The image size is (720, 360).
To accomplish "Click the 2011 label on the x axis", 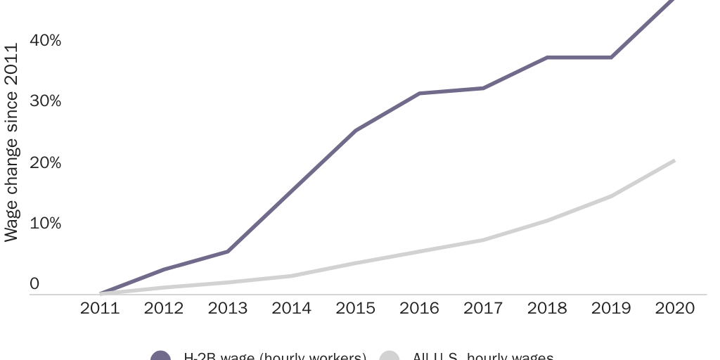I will coord(101,308).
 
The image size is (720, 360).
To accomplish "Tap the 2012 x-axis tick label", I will coord(164,308).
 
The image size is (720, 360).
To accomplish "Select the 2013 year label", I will coord(228,308).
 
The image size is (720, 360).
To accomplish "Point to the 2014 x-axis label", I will coord(292,308).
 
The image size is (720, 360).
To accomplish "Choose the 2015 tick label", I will coord(356,308).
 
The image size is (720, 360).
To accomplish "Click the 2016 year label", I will coord(420,308).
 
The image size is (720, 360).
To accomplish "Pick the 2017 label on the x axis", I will coord(483,308).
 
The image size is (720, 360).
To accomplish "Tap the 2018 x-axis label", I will coord(547,308).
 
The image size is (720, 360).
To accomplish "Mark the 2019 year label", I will coord(611,308).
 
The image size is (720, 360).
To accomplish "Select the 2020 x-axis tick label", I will coord(675,308).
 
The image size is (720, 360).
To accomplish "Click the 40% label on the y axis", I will coord(46,41).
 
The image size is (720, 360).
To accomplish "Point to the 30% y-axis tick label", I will coord(46,101).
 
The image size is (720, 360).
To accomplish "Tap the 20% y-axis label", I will coord(46,162).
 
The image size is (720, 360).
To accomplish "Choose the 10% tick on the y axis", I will coord(46,224).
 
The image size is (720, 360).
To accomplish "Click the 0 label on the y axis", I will coord(34,284).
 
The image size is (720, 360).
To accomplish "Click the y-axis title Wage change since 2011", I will coord(11,142).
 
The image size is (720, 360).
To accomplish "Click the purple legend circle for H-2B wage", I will coord(161,356).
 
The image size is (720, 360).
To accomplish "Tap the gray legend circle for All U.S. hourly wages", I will coord(390,356).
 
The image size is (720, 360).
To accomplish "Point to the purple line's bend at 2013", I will coord(228,251).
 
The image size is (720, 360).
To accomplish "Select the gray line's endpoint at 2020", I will coord(674,161).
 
